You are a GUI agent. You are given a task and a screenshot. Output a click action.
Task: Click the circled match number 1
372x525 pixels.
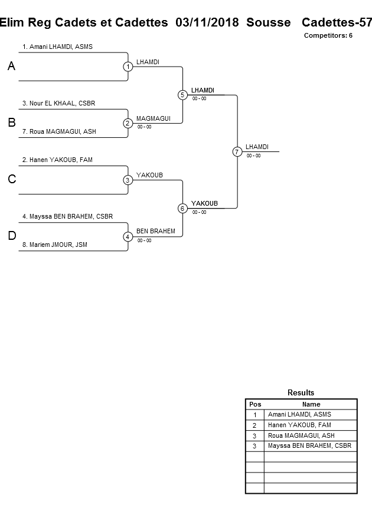128,67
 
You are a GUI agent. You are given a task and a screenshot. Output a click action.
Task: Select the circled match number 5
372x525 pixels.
182,95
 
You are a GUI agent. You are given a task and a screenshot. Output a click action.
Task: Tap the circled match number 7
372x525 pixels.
237,151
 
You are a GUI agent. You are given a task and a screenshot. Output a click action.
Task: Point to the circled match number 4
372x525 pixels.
128,237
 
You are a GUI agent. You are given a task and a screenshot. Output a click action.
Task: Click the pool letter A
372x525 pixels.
11,67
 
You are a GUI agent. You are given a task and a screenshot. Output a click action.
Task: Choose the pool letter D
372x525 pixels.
11,236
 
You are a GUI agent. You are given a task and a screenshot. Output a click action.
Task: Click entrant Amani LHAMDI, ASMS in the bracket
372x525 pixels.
57,47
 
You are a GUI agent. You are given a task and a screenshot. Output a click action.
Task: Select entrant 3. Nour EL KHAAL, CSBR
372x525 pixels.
58,103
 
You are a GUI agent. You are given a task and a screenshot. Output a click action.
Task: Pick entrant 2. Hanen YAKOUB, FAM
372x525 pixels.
57,160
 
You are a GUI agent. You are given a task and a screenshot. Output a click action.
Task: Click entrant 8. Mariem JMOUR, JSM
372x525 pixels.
55,245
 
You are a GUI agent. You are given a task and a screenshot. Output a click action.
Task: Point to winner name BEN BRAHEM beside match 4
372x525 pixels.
156,231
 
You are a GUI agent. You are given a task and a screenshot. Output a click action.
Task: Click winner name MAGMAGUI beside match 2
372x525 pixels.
154,118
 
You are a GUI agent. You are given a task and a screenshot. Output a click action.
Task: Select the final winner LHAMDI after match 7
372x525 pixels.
257,146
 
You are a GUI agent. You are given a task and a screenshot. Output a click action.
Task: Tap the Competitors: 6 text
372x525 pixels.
328,35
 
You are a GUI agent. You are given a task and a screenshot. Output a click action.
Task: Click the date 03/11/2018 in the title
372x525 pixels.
207,22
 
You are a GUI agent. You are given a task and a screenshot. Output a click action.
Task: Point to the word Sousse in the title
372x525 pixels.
269,22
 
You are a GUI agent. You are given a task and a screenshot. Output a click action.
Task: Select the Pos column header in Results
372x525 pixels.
255,404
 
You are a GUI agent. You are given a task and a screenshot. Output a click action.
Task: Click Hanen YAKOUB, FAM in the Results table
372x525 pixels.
299,425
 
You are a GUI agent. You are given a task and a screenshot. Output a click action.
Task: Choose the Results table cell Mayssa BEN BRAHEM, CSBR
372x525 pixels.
309,446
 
